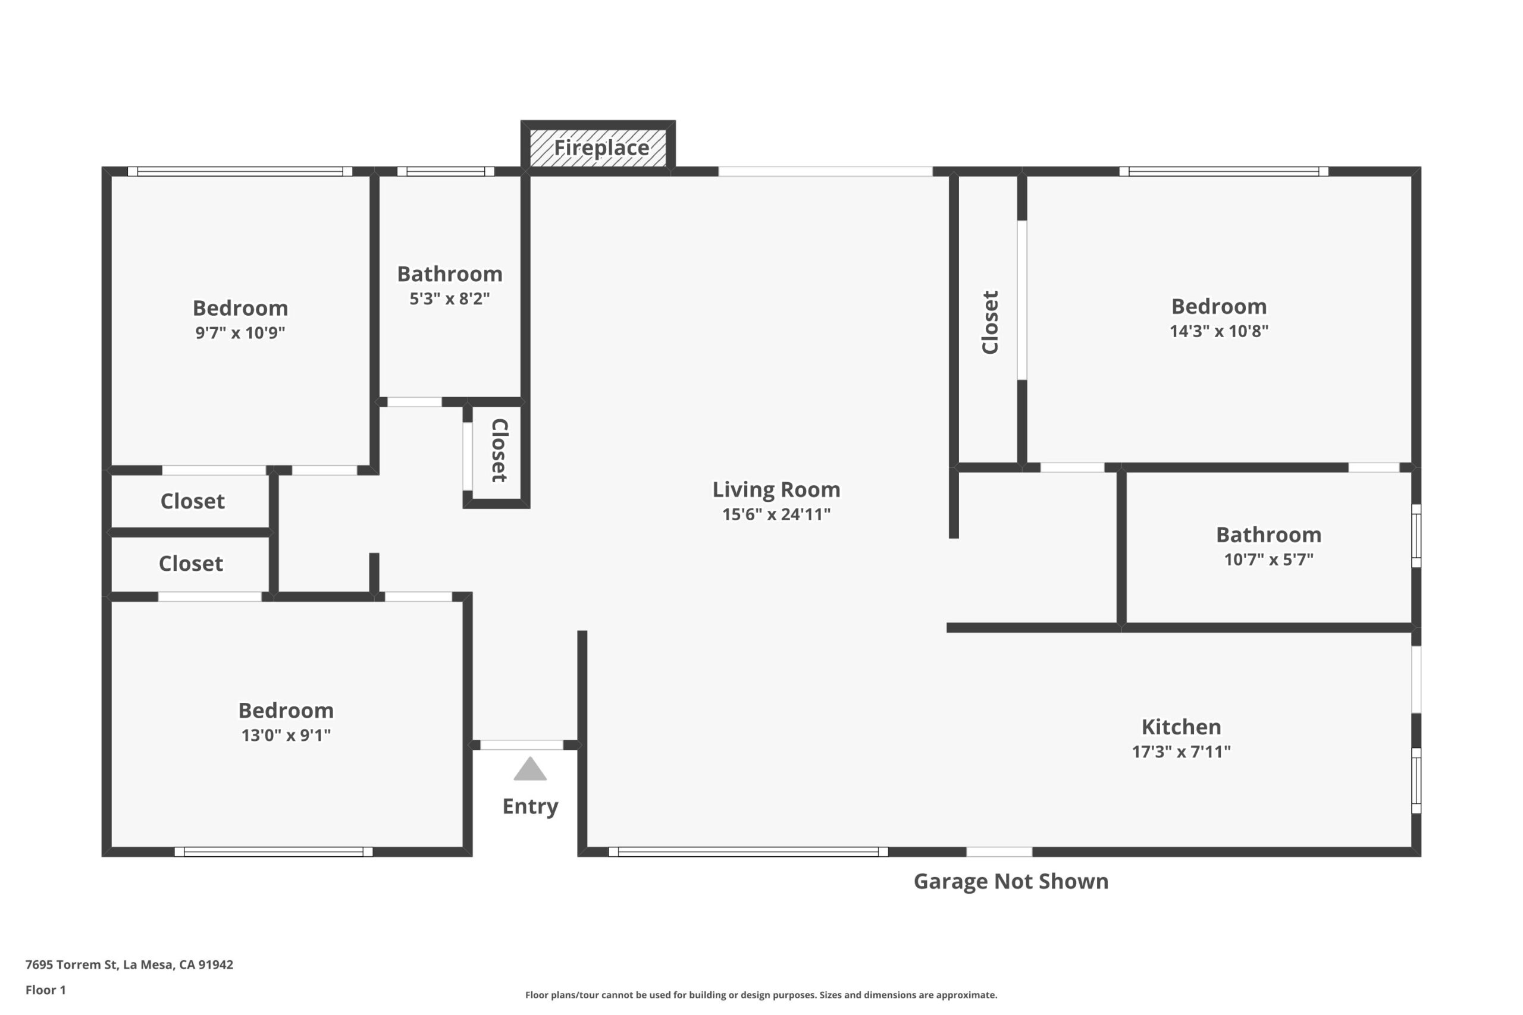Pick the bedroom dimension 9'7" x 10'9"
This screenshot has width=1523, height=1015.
pyautogui.click(x=240, y=333)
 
